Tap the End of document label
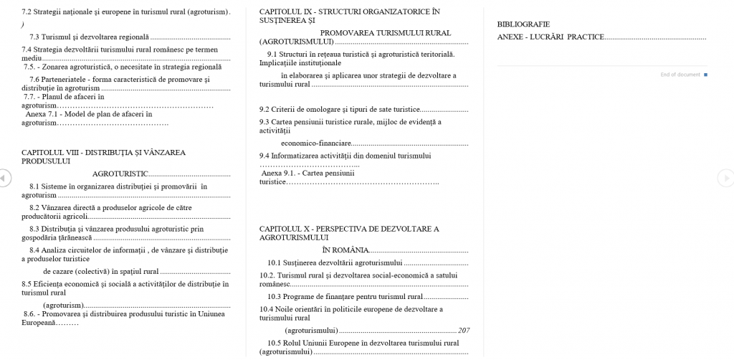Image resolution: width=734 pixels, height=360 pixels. tap(680, 75)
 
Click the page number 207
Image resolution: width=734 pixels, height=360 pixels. tap(463, 331)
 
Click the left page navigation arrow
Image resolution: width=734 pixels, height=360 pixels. tap(4, 177)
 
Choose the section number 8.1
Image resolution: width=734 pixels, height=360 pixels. tap(34, 186)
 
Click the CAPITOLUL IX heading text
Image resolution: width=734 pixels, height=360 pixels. tap(349, 12)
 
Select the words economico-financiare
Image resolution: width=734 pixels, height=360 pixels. tap(316, 143)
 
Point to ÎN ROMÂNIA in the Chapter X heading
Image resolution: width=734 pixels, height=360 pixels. tap(345, 250)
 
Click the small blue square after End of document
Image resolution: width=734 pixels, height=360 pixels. tap(706, 75)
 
